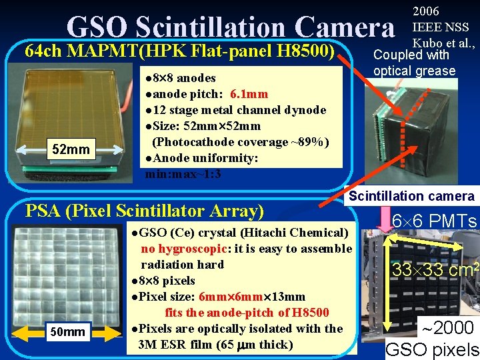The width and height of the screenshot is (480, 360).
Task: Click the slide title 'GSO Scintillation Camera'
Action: pos(231,27)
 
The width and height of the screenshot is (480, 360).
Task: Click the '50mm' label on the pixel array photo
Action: pos(69,331)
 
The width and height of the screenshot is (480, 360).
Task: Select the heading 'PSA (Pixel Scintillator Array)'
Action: pos(144,211)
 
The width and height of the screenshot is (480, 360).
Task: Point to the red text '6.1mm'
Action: pos(249,94)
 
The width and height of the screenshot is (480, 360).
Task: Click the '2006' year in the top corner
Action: pos(427,11)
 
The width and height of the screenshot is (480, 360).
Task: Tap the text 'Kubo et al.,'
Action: pos(444,43)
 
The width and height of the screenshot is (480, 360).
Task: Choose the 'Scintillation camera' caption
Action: pos(411,196)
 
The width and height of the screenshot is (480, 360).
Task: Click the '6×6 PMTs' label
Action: pos(433,221)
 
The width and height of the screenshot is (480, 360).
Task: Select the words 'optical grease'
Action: pos(414,71)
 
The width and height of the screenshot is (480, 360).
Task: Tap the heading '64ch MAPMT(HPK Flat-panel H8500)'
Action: pos(179,51)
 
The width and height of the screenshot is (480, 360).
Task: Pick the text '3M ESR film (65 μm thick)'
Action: pos(215,345)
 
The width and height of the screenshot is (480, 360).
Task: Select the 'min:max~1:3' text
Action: pos(183,175)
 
